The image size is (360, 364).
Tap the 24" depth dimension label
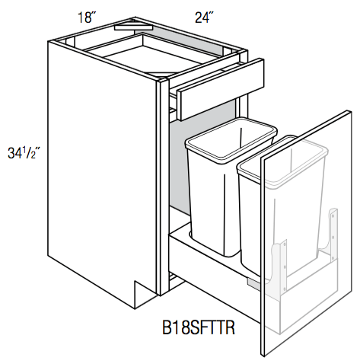[203, 16]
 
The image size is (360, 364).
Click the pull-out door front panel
[304, 244]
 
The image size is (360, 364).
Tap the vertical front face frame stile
[161, 190]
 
